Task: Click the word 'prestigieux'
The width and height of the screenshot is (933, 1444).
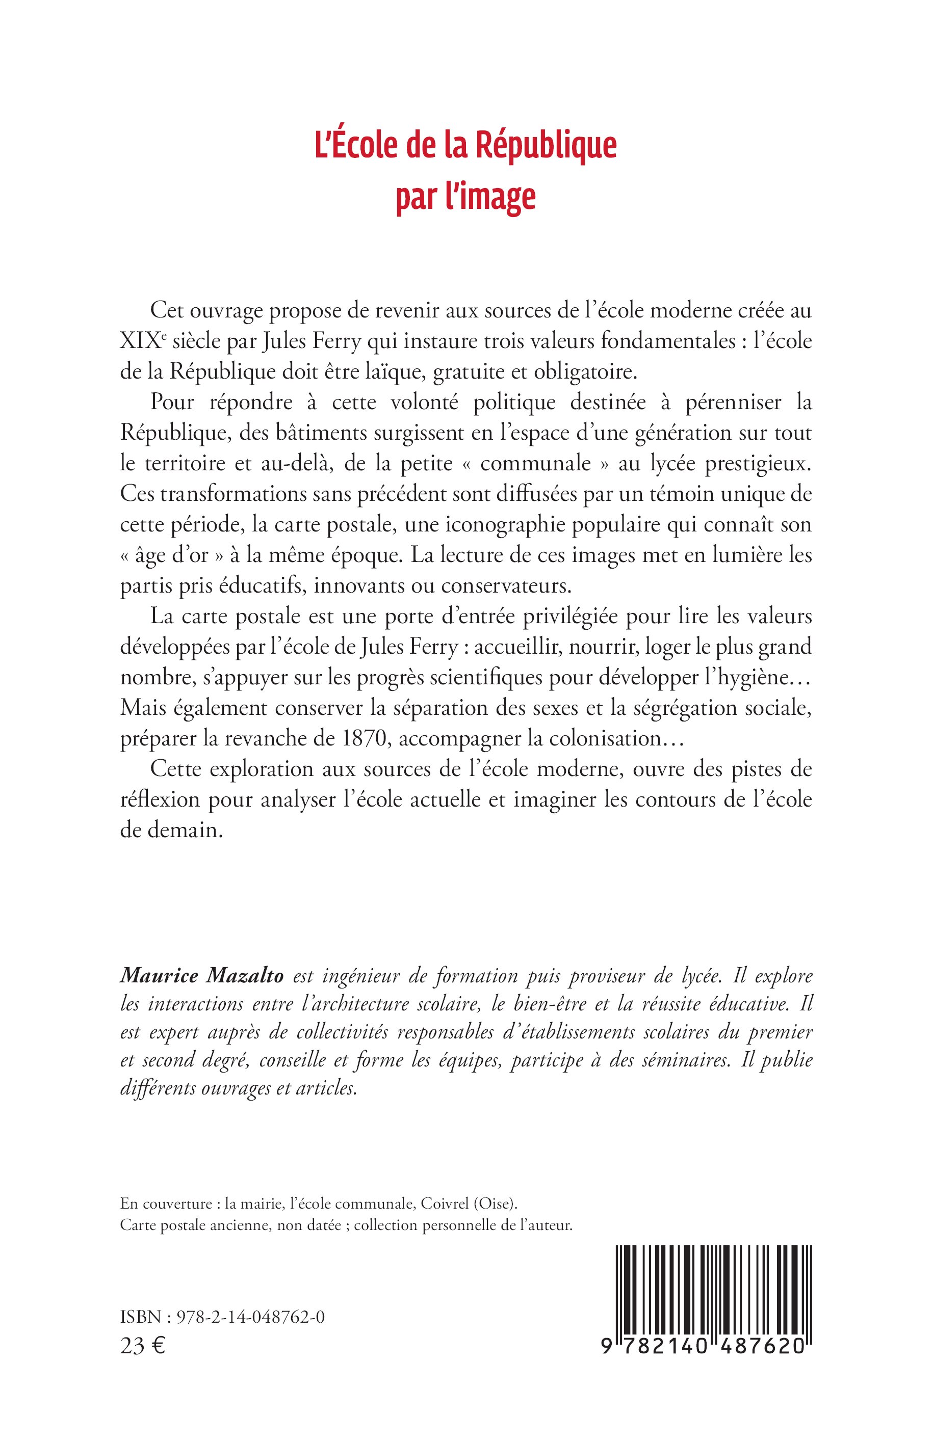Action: click(x=762, y=463)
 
